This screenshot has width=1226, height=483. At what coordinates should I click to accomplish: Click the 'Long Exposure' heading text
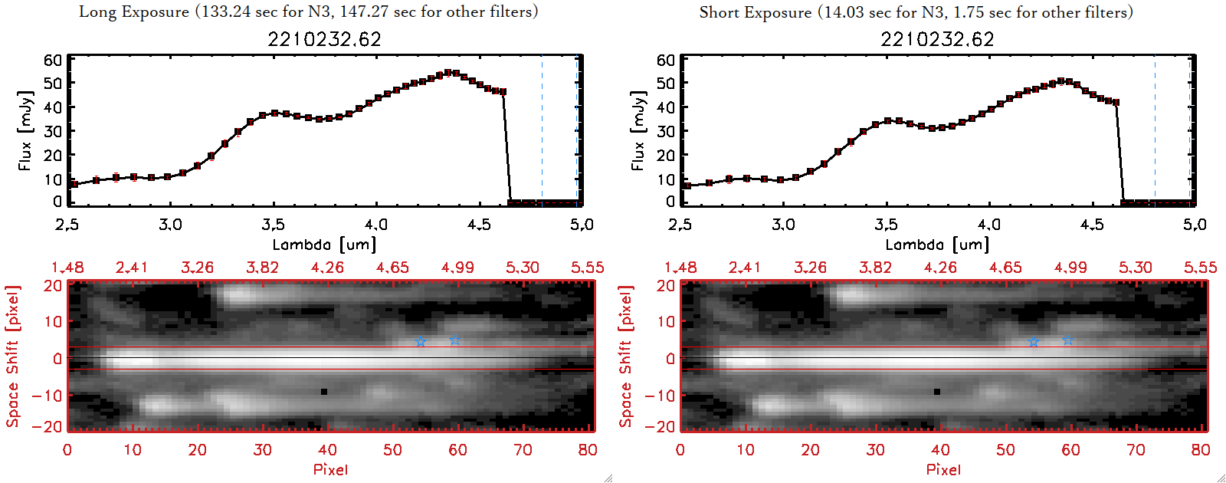tap(134, 11)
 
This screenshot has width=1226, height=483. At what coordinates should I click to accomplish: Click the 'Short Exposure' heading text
tap(755, 12)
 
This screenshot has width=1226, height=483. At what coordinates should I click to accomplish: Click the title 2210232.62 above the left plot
tap(324, 39)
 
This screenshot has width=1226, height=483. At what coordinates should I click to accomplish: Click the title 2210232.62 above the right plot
tap(937, 39)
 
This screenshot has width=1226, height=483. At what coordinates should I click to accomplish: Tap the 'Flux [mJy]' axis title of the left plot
tap(25, 130)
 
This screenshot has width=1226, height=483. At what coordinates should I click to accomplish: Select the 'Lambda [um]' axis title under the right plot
tap(937, 245)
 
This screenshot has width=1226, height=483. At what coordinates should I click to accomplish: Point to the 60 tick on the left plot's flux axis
tap(53, 60)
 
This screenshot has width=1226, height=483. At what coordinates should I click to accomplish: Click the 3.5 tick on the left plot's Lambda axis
tap(273, 225)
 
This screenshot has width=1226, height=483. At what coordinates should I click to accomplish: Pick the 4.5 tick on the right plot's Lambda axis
tap(1092, 225)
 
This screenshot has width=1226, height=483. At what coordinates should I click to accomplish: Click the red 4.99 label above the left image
tap(457, 268)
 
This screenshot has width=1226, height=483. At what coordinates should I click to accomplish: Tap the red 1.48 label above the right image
tap(680, 268)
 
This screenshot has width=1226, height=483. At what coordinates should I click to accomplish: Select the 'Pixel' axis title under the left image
tap(330, 469)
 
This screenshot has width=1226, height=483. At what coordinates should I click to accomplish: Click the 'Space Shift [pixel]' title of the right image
tap(626, 356)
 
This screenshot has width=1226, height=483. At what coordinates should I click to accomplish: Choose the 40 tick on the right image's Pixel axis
tap(940, 450)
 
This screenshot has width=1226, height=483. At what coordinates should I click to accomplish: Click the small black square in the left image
tap(324, 392)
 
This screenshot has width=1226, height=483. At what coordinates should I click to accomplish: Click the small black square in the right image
tap(937, 392)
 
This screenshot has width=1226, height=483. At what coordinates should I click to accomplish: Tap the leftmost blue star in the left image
tap(421, 341)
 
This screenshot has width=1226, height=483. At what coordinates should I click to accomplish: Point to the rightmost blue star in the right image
tap(1068, 340)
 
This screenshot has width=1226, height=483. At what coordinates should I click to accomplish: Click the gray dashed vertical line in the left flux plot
tap(542, 130)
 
